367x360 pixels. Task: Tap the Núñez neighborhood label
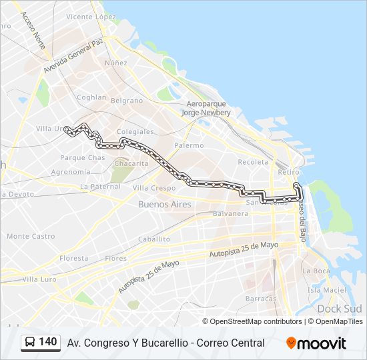(115, 63)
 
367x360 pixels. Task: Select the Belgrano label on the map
(127, 101)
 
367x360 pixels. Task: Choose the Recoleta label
(253, 162)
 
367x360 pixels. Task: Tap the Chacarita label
(131, 163)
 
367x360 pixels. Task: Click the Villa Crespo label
(154, 189)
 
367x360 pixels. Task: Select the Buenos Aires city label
(164, 205)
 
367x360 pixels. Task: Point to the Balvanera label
(230, 214)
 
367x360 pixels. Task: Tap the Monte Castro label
(31, 236)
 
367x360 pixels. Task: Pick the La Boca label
(316, 271)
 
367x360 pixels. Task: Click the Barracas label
(260, 299)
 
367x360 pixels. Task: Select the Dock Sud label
(340, 309)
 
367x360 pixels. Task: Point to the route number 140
(48, 342)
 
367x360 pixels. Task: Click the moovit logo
(316, 343)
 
